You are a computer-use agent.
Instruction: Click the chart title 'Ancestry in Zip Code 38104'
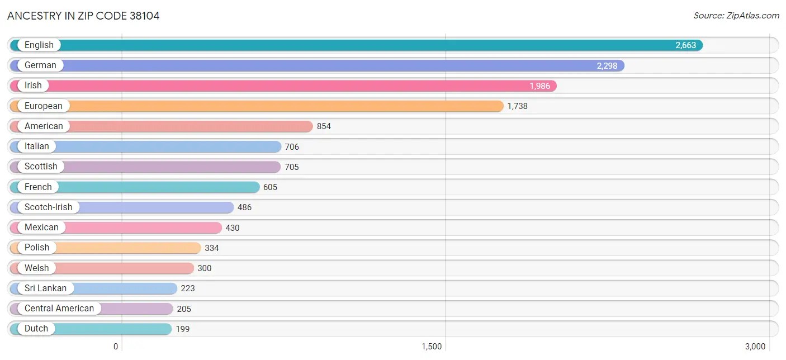[x=83, y=16]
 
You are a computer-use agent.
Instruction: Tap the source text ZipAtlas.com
[x=736, y=16]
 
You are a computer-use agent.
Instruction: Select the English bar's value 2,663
[x=685, y=45]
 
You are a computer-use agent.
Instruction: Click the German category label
[x=40, y=65]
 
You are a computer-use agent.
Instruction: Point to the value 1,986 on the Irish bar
[x=539, y=86]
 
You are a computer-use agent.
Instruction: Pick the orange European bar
[x=280, y=106]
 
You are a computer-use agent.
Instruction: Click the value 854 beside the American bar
[x=324, y=126]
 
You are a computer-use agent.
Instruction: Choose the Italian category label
[x=37, y=146]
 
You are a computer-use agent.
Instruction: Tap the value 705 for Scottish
[x=291, y=167]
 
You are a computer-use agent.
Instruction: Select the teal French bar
[x=168, y=187]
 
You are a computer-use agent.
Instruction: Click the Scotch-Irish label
[x=48, y=207]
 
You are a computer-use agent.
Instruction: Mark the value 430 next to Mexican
[x=233, y=228]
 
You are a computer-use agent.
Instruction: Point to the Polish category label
[x=37, y=248]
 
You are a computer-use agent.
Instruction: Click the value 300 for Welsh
[x=205, y=268]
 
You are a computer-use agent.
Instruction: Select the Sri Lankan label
[x=45, y=288]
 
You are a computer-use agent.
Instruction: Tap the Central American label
[x=59, y=309]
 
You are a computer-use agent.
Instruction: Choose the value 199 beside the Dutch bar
[x=183, y=329]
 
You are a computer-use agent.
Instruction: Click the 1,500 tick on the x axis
[x=432, y=347]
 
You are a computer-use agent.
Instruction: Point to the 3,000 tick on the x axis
[x=755, y=347]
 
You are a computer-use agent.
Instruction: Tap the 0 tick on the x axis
[x=116, y=347]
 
